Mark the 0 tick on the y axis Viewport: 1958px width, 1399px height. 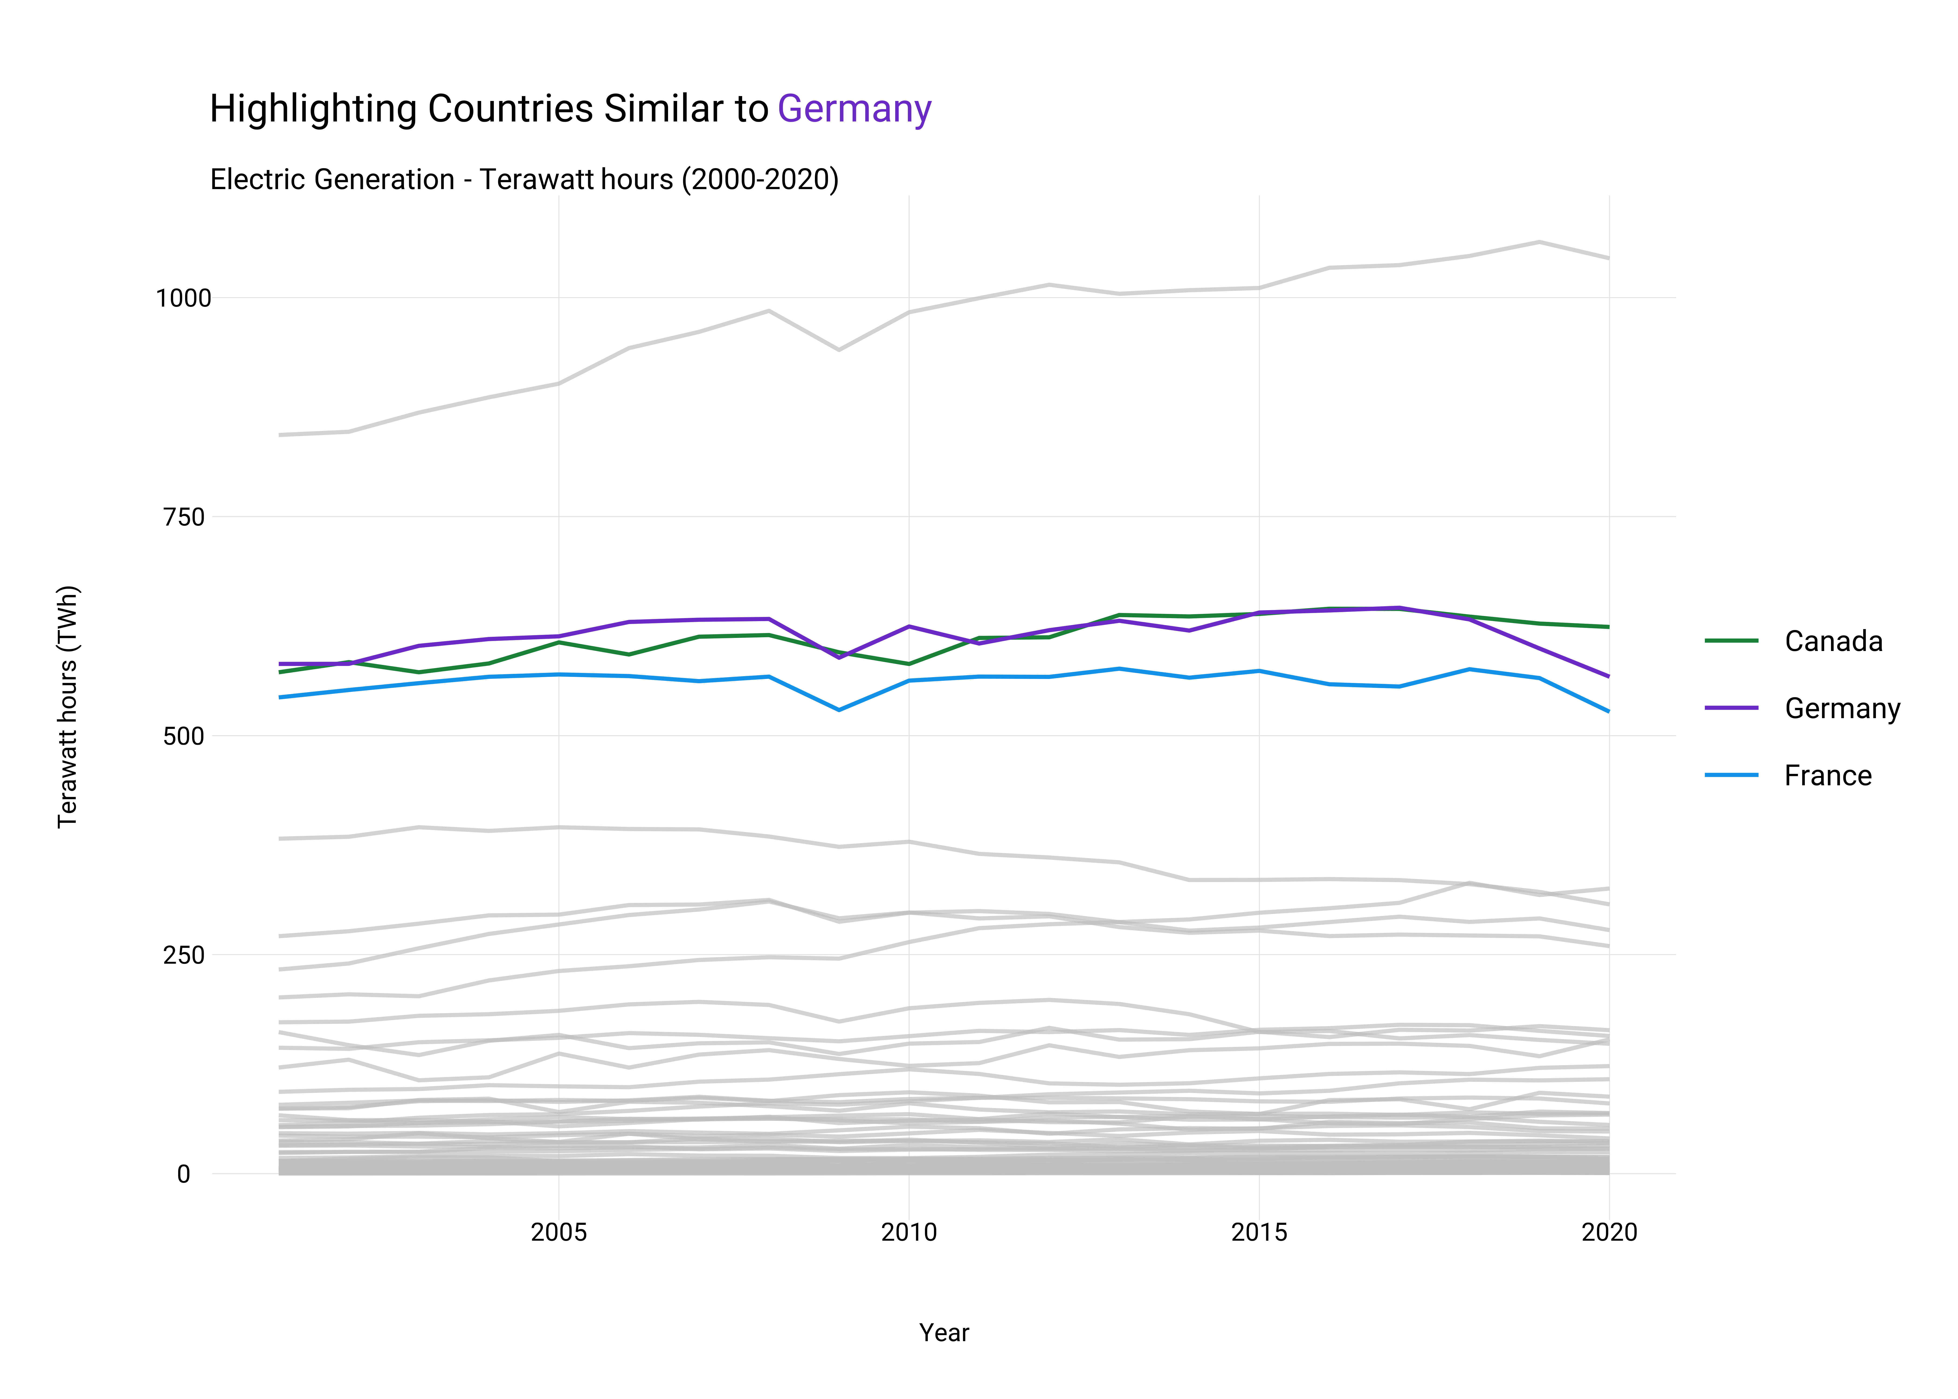183,1174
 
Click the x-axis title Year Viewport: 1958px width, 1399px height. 944,1333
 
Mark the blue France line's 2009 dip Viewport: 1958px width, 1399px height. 839,710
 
